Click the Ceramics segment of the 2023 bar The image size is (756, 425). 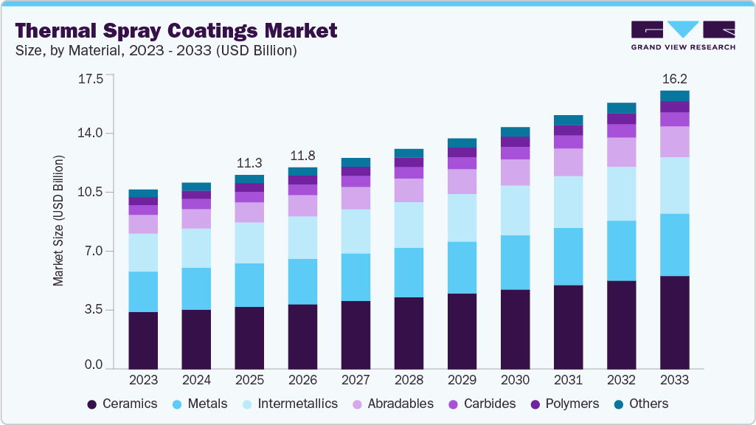(143, 340)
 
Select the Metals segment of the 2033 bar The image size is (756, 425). (674, 245)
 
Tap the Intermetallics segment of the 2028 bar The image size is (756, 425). (409, 225)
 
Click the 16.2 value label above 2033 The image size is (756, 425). (674, 78)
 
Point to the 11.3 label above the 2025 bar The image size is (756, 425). (249, 162)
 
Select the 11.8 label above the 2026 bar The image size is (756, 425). (302, 156)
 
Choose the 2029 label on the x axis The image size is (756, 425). (462, 380)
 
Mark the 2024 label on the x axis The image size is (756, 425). (196, 380)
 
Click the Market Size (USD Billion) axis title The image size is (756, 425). (58, 221)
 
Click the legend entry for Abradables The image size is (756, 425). (392, 404)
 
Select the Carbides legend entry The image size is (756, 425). (482, 404)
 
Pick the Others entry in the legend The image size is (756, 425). (641, 404)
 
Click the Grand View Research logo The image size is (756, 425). (682, 35)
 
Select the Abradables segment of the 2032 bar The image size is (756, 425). (621, 152)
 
